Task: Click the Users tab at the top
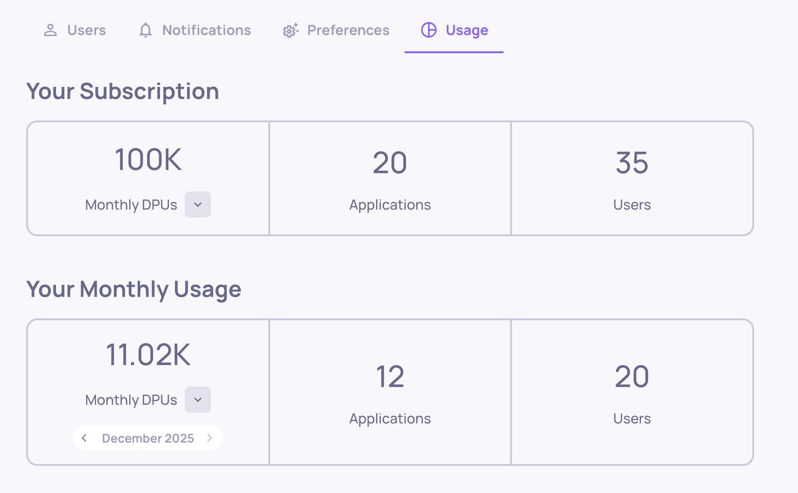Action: [75, 30]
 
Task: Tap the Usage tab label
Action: [467, 30]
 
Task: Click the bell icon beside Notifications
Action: [146, 30]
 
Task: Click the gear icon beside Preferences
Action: [290, 31]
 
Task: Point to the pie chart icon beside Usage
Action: [429, 30]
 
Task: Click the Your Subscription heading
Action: [123, 91]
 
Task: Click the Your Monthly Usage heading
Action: [134, 289]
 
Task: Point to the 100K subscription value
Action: [148, 160]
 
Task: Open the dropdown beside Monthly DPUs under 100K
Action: [198, 204]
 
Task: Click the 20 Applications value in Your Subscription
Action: [390, 163]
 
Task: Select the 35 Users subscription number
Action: [632, 163]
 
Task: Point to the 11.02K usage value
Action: [148, 355]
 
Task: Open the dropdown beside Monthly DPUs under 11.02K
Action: [198, 400]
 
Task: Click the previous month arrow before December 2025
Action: [84, 438]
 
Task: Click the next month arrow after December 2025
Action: [210, 438]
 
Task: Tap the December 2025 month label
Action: [148, 438]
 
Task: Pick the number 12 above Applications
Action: [390, 377]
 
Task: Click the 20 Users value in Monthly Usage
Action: [632, 377]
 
